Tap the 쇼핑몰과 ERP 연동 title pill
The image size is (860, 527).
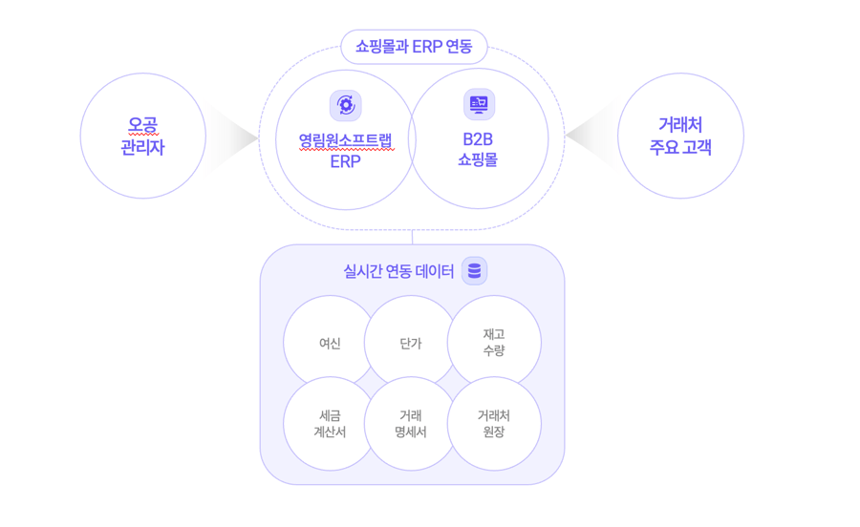tap(414, 46)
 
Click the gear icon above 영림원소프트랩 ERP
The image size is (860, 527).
tap(345, 105)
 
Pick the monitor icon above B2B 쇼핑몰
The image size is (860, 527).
tap(479, 103)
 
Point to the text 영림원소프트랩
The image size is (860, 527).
tap(345, 141)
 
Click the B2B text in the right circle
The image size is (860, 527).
tap(478, 139)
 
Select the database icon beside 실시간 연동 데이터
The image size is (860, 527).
tap(474, 271)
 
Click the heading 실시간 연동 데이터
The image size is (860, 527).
tap(398, 272)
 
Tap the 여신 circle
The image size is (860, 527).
tap(329, 343)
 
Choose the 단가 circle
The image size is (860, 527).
tap(411, 343)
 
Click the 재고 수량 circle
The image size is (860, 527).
tap(494, 342)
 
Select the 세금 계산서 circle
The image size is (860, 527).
tap(329, 424)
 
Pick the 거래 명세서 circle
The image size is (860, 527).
tap(411, 424)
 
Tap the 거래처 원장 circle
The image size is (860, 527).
tap(494, 424)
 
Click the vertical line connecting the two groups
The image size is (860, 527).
tap(413, 237)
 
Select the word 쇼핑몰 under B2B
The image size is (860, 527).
tap(478, 160)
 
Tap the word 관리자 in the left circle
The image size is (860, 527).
tap(142, 148)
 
